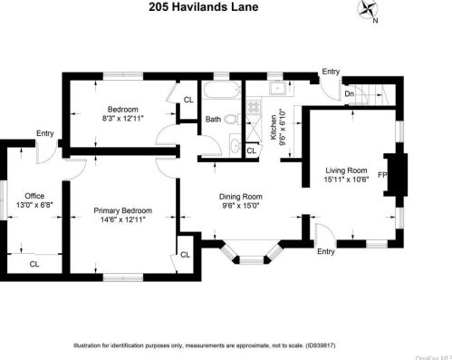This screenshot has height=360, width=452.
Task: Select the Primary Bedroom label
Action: coord(123,211)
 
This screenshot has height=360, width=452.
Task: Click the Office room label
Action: coord(34,195)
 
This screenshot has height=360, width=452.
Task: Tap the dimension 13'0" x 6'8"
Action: coord(34,205)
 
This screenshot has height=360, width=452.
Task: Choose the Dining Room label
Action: coord(240,197)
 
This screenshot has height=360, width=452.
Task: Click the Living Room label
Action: coord(346,170)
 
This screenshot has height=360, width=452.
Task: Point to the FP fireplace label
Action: coord(383,174)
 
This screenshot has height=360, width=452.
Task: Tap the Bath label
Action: coord(213,119)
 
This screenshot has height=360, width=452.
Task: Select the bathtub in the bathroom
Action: coord(221,92)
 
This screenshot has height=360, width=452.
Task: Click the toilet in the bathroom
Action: coord(232,119)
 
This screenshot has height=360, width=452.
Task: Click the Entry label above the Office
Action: coord(44,133)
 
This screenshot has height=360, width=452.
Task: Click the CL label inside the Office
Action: coord(34,264)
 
